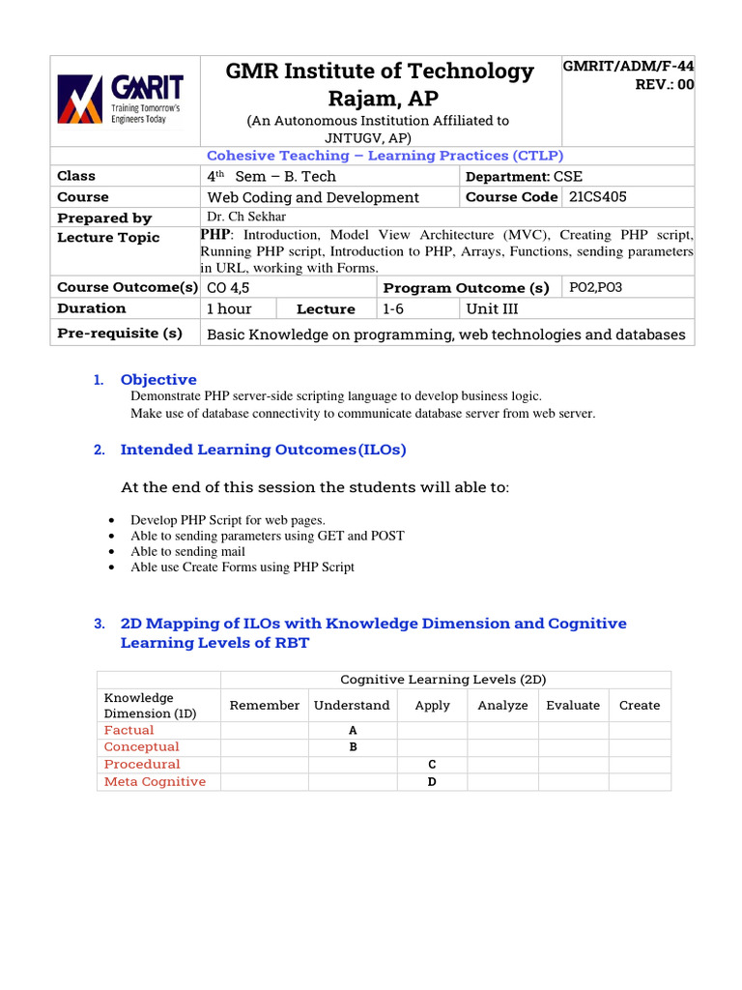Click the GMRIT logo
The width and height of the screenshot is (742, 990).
pos(124,101)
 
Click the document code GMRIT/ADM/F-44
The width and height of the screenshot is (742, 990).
pos(628,66)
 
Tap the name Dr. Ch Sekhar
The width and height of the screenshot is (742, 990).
pos(246,217)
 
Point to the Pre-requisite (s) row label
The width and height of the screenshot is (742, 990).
pos(120,334)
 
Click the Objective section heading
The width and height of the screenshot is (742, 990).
pos(158,380)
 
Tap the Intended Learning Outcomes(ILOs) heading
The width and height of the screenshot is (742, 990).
pos(263,450)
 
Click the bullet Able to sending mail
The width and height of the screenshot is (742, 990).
pos(188,551)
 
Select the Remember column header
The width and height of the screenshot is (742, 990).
pos(264,706)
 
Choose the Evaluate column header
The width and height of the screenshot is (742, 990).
pos(573,706)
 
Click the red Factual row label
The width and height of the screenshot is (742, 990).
pos(128,730)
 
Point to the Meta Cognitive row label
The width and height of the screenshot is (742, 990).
pos(155,781)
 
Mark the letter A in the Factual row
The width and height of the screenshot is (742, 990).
pos(353,730)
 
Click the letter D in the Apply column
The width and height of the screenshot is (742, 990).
pos(432,781)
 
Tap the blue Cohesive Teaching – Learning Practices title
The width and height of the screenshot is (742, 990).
pos(385,156)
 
